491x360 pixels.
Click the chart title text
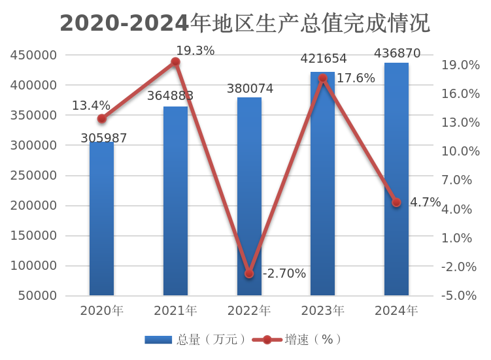(x=245, y=24)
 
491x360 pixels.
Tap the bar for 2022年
(x=249, y=196)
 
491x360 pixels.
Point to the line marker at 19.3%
(x=175, y=62)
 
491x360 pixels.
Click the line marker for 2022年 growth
(x=249, y=274)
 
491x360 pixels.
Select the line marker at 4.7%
(x=396, y=203)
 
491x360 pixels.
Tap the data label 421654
(x=323, y=59)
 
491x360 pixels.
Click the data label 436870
(x=397, y=54)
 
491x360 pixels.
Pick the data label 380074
(x=249, y=88)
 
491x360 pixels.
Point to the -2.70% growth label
(x=284, y=274)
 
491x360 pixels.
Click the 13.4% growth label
(x=91, y=105)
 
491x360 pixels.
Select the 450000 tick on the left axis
(x=33, y=55)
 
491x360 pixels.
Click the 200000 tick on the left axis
(x=33, y=206)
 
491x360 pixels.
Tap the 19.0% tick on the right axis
(x=461, y=65)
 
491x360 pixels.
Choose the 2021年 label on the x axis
(x=175, y=310)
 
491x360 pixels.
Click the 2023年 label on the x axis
(x=323, y=310)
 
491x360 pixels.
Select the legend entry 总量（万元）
(x=197, y=339)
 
